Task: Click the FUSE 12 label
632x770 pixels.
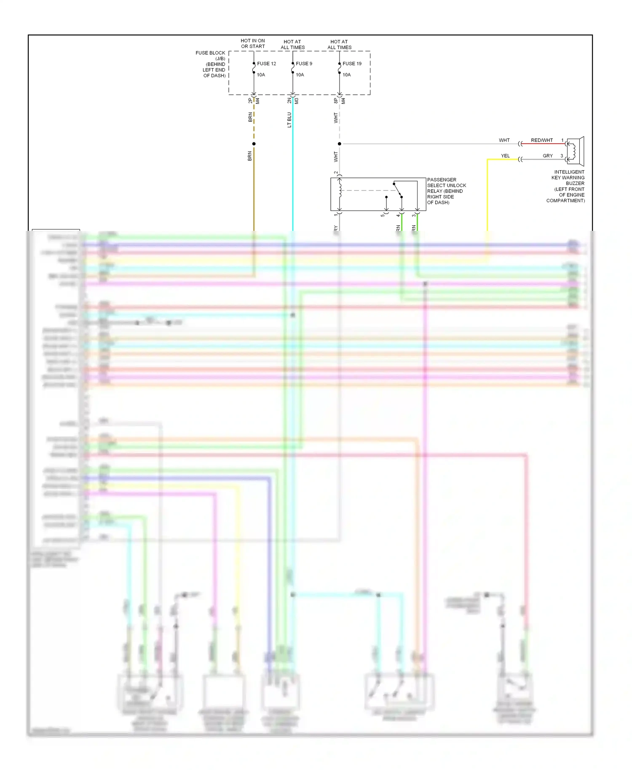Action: pyautogui.click(x=266, y=64)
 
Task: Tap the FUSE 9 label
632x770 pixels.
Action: pyautogui.click(x=304, y=64)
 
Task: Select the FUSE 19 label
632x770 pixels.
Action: pyautogui.click(x=352, y=64)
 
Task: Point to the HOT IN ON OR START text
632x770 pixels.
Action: pyautogui.click(x=253, y=44)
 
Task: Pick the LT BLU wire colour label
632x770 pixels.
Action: pyautogui.click(x=289, y=120)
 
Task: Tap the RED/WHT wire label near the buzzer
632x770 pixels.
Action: pyautogui.click(x=541, y=140)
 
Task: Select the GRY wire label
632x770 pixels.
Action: pyautogui.click(x=547, y=156)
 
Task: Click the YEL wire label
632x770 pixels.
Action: pyautogui.click(x=505, y=156)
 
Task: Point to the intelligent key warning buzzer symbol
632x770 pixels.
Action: pyautogui.click(x=575, y=151)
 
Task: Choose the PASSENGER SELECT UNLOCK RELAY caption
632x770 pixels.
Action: pyautogui.click(x=446, y=191)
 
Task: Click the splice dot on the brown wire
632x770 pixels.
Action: pyautogui.click(x=254, y=144)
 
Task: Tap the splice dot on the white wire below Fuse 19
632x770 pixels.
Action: pyautogui.click(x=340, y=144)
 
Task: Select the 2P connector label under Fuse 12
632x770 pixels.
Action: pyautogui.click(x=250, y=101)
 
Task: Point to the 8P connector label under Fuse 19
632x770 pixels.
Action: pyautogui.click(x=336, y=101)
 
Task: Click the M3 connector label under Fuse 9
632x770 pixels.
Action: pyautogui.click(x=297, y=101)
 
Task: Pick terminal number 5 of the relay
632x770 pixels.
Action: pyautogui.click(x=383, y=215)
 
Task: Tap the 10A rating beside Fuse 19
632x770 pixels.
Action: pyautogui.click(x=346, y=75)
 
